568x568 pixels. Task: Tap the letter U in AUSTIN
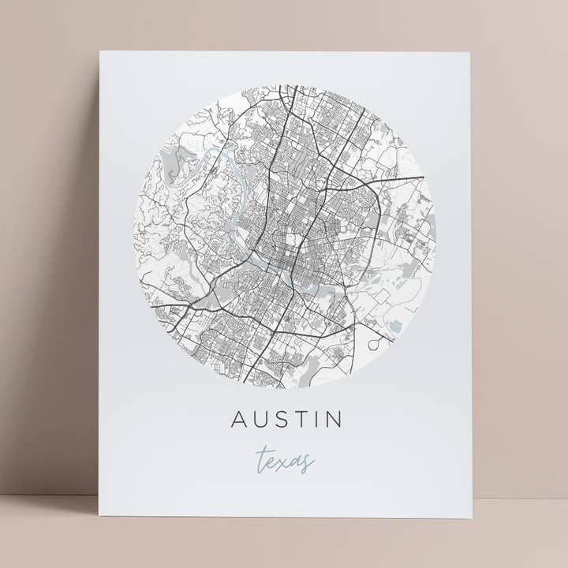[x=261, y=419]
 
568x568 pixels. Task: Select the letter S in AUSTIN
[x=282, y=419]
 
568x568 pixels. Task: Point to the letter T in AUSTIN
[x=301, y=419]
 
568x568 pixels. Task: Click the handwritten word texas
[x=286, y=461]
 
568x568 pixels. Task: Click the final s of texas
[x=307, y=462]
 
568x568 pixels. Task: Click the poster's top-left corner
[x=100, y=52]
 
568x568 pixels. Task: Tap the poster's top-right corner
[x=469, y=53]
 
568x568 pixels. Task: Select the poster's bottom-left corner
[x=99, y=515]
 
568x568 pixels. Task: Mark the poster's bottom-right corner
[x=472, y=518]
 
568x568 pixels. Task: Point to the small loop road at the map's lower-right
[x=378, y=336]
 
